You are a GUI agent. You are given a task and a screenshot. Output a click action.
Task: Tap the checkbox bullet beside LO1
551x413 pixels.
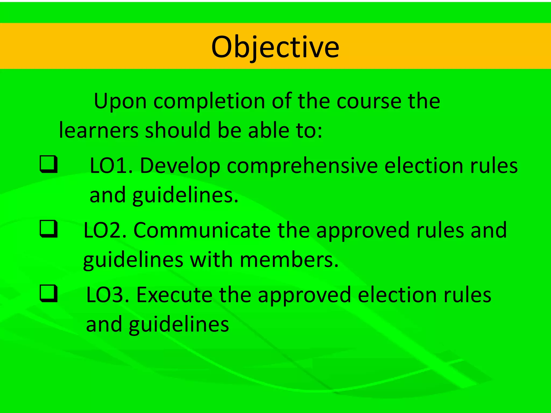click(x=48, y=164)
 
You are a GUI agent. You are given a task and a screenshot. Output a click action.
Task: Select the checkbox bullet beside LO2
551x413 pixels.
click(x=48, y=229)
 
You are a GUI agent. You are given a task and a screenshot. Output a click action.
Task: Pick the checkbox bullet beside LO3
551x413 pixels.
click(x=48, y=294)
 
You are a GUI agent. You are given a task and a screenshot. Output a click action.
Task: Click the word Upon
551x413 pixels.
click(x=120, y=102)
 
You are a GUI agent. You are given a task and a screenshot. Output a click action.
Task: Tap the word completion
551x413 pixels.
click(x=209, y=102)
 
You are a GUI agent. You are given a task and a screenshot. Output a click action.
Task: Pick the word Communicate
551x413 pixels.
click(x=202, y=230)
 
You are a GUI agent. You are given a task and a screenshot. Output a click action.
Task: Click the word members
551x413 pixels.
click(x=289, y=260)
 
